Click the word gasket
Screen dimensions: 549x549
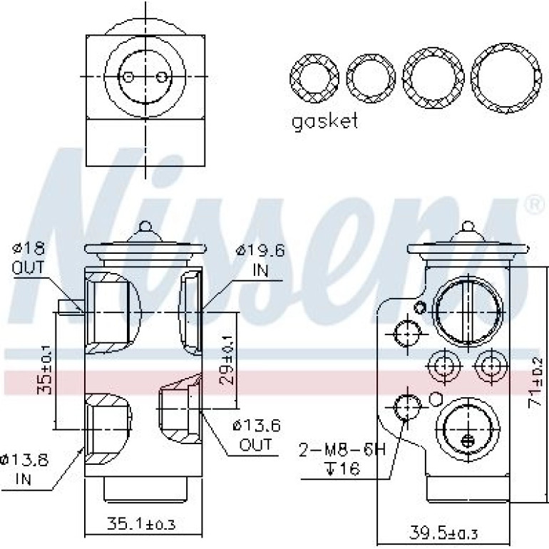tap(325, 121)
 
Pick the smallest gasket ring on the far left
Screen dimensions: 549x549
tap(292, 78)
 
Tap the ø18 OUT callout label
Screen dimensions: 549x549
tap(29, 258)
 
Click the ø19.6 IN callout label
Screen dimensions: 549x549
tap(260, 260)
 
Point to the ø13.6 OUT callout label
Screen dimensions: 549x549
tap(257, 435)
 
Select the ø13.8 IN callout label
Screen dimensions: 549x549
tap(24, 469)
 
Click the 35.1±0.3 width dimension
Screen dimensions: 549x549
tap(140, 524)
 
